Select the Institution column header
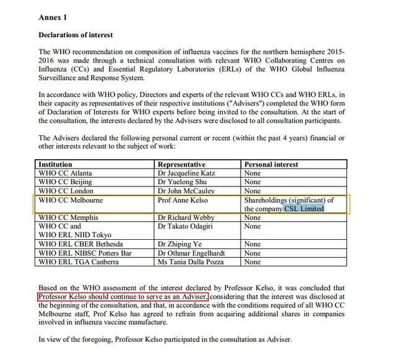(56, 164)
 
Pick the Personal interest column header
(271, 164)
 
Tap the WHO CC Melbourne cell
(70, 200)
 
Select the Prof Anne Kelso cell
(184, 200)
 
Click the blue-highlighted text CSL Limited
(304, 209)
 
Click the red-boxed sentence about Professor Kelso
(122, 297)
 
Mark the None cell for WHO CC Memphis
(253, 218)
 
